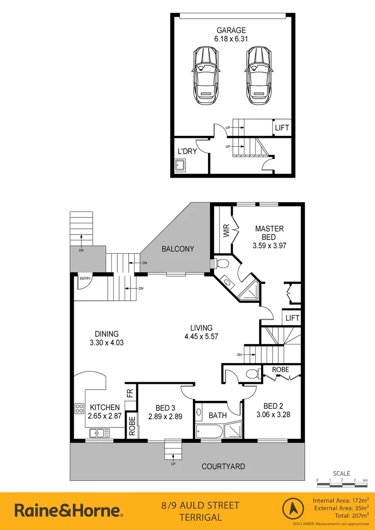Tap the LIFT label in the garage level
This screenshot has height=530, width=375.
[282, 128]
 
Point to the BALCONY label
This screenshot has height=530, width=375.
[178, 249]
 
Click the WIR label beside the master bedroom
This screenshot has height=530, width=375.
[226, 231]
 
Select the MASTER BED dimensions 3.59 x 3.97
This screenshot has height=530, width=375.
[269, 246]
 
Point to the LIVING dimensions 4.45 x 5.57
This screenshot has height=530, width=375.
[201, 337]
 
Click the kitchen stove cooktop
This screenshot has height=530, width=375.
[79, 408]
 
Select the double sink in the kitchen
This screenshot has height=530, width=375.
[100, 433]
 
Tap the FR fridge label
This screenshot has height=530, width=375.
[130, 393]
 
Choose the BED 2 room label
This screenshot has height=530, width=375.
[273, 406]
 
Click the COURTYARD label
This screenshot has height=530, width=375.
[223, 466]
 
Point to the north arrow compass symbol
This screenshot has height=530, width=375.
[293, 511]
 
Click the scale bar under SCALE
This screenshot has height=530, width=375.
[342, 484]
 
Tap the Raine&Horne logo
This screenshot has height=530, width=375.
[69, 510]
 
